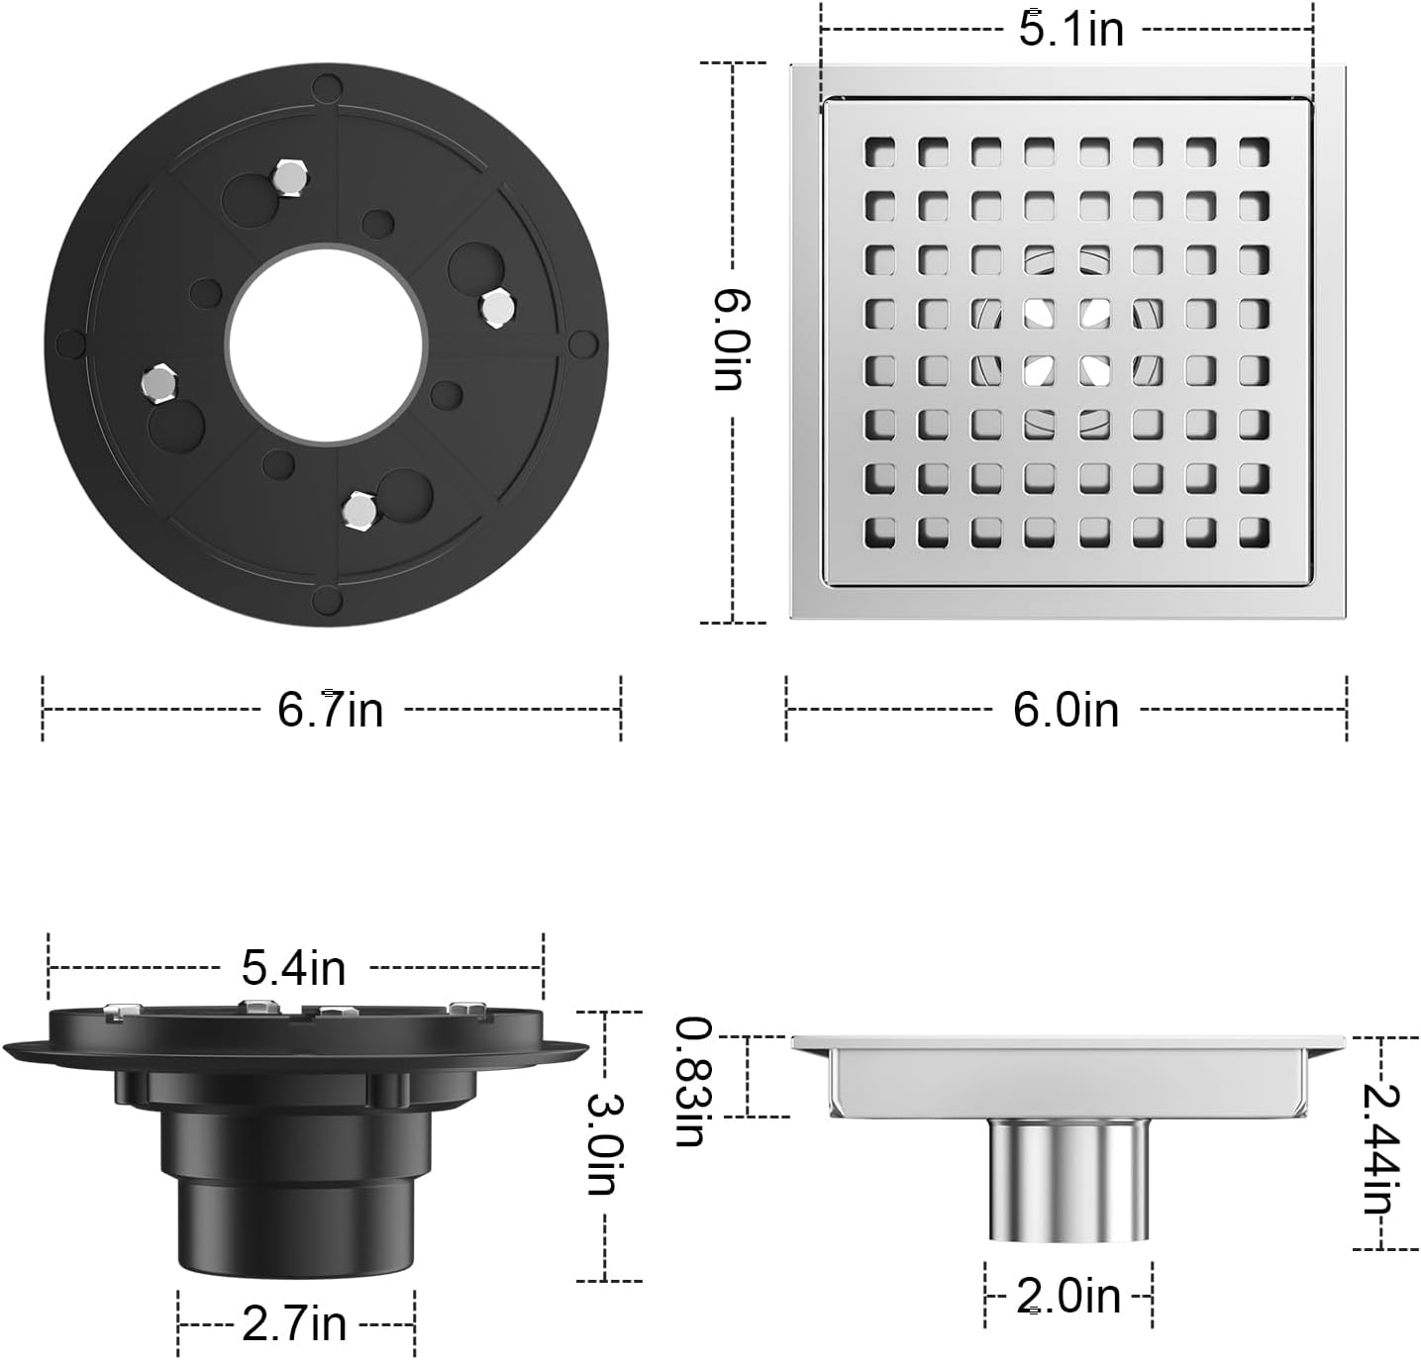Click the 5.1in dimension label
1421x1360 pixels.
pyautogui.click(x=1071, y=29)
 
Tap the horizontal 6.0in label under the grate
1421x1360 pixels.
pyautogui.click(x=1066, y=710)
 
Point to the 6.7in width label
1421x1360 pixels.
pyautogui.click(x=330, y=710)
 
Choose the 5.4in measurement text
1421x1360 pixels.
pyautogui.click(x=294, y=967)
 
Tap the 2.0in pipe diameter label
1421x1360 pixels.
pyautogui.click(x=1067, y=1296)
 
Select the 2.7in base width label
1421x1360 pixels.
pyautogui.click(x=294, y=1323)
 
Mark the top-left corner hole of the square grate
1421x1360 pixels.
pyautogui.click(x=879, y=151)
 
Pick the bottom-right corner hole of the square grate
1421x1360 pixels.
pyautogui.click(x=1254, y=532)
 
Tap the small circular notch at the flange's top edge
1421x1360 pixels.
pyautogui.click(x=325, y=88)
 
